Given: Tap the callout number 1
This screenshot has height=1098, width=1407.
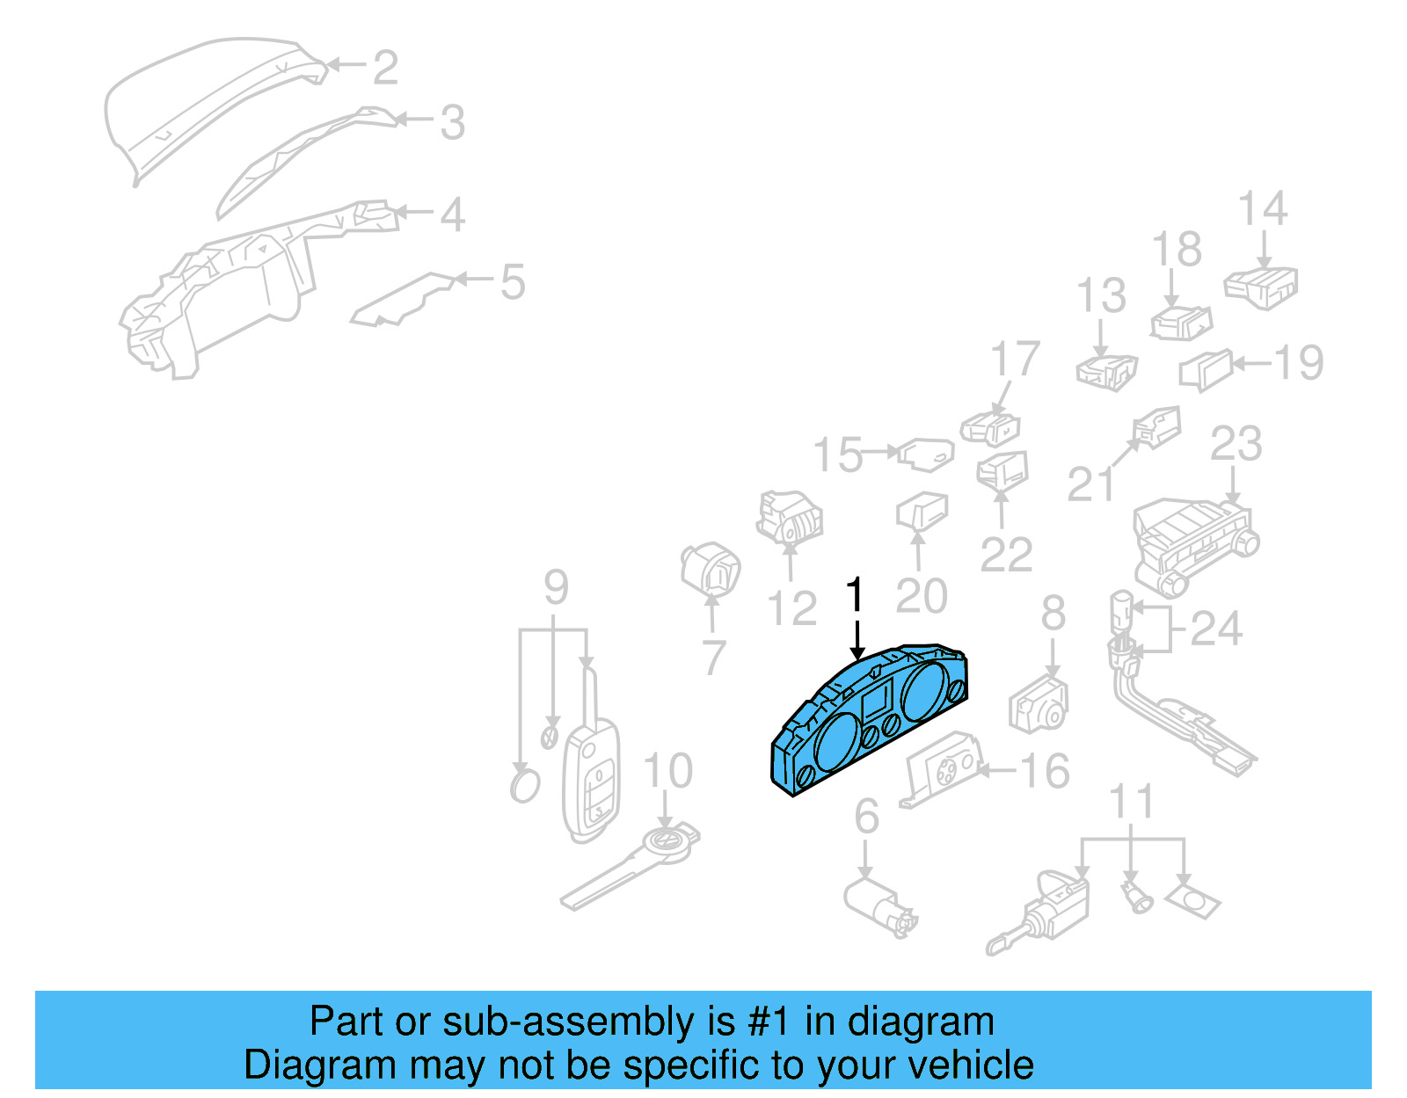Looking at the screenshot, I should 855,595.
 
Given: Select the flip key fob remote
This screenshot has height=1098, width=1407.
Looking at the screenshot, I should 591,778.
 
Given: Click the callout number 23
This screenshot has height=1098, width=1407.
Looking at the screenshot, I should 1236,444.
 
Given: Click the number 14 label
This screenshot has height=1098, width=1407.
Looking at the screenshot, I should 1262,209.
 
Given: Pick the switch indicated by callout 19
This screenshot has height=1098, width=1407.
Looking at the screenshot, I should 1206,369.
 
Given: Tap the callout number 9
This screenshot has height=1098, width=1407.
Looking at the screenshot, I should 556,586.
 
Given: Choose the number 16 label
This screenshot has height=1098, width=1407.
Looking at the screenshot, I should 1044,771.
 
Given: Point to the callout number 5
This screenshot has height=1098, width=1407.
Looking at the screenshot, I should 512,281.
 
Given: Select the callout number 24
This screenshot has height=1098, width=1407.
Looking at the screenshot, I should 1215,628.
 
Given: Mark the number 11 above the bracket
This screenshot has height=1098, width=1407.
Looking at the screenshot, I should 1131,801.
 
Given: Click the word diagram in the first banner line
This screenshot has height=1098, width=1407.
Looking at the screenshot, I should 921,1022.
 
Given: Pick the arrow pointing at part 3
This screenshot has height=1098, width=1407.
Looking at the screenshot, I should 413,120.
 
